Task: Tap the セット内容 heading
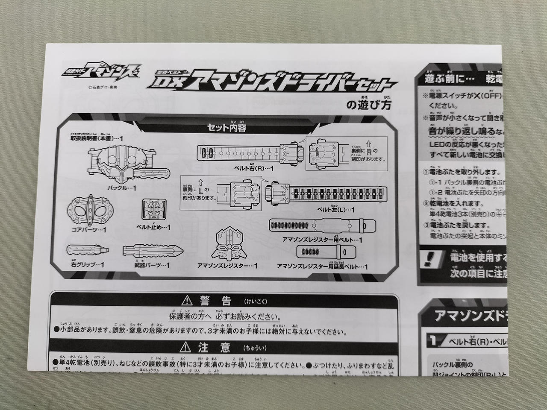[x=226, y=127]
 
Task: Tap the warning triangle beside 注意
[x=185, y=347]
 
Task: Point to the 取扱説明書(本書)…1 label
[x=97, y=139]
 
